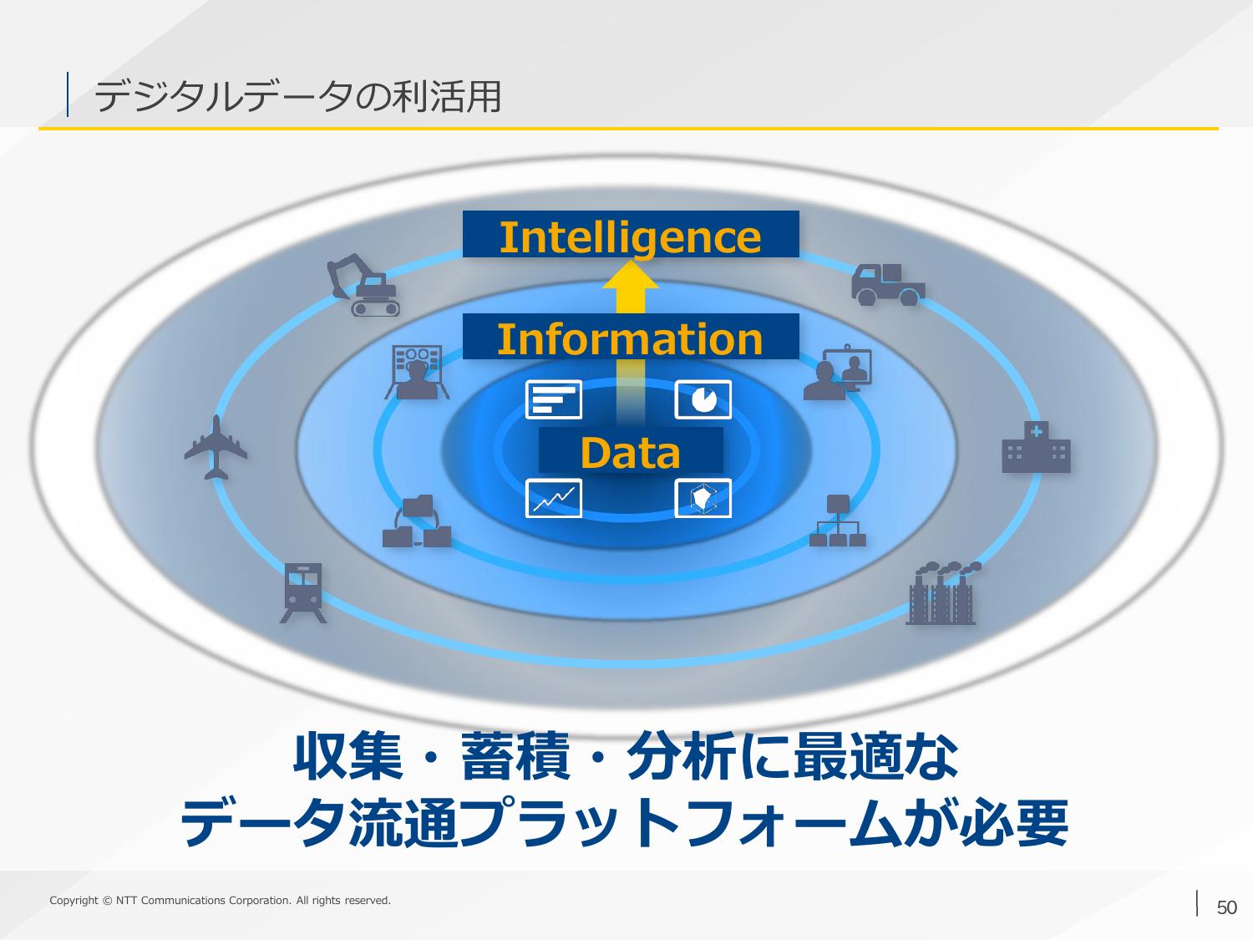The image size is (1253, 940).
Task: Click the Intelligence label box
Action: coord(631,234)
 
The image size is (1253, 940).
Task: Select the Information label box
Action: coord(631,337)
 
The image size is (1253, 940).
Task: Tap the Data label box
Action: coord(631,450)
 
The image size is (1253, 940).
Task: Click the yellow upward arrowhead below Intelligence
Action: coord(630,275)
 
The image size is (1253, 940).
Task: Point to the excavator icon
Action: coord(363,285)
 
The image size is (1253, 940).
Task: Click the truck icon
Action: coord(888,284)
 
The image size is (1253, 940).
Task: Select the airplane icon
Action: coord(216,448)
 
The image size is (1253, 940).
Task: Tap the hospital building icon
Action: coord(1036,447)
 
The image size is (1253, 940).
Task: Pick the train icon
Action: coord(303,593)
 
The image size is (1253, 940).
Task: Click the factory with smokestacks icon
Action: coord(942,593)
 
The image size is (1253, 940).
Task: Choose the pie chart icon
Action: coord(703,399)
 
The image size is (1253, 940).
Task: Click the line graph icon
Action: coord(554,498)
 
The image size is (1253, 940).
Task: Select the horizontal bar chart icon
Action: coord(554,399)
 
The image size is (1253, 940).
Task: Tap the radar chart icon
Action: coord(703,498)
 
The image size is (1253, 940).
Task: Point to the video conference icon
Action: coord(838,372)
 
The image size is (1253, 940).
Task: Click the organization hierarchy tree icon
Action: coord(838,521)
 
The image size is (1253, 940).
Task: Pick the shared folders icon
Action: coord(417,521)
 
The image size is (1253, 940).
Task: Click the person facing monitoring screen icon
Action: coord(417,372)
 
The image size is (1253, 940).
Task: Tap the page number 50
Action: coord(1227,907)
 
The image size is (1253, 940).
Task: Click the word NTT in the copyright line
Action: coord(127,901)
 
